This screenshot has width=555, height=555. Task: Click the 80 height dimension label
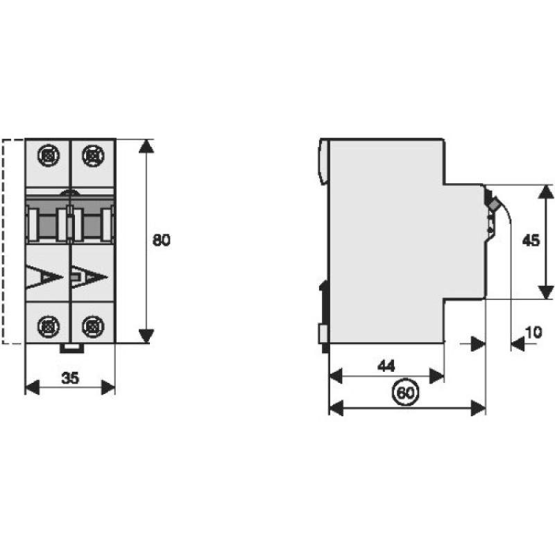point(161,240)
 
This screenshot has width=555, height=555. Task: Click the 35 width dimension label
point(70,378)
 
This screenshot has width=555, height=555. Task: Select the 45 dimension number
point(531,240)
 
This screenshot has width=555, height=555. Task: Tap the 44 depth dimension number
point(386,366)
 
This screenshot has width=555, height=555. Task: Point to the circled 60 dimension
point(406,393)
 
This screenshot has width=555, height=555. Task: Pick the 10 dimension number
point(533,332)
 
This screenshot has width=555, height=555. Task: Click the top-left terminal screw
point(49,155)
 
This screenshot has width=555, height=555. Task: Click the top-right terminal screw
point(93,155)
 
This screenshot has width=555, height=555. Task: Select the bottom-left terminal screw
point(49,326)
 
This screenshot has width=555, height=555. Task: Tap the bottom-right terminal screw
point(93,326)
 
